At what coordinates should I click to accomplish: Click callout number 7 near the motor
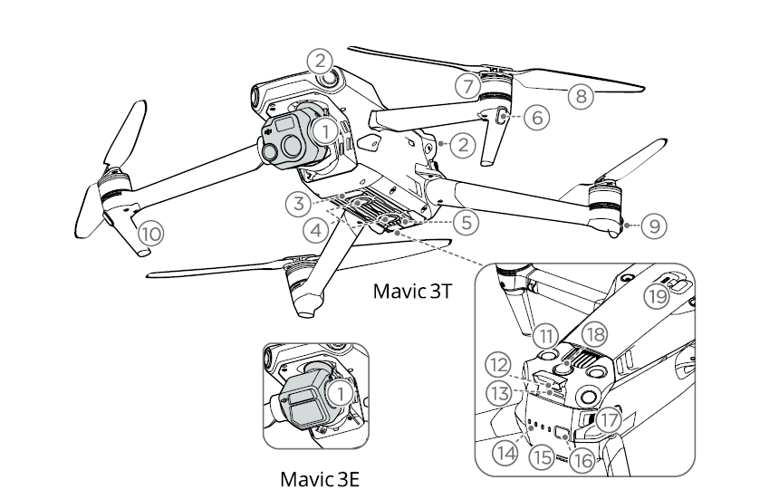pos(468,86)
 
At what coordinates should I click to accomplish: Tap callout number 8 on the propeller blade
pos(581,96)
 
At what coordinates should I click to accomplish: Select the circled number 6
pos(536,117)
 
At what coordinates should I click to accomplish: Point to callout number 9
pos(654,226)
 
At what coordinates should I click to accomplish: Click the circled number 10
pos(151,234)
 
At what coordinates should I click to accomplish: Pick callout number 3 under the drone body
pos(298,204)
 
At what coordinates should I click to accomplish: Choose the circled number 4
pos(316,230)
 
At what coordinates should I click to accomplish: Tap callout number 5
pos(466,223)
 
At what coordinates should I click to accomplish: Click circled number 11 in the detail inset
pos(545,336)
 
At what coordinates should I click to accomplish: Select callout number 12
pos(498,365)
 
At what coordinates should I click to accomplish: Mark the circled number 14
pos(505,454)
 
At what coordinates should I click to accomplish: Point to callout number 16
pos(582,460)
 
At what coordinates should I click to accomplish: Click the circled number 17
pos(609,419)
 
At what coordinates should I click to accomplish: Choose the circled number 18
pos(594,334)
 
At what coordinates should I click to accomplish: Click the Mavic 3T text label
pos(412,292)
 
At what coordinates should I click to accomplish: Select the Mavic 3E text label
pos(320,479)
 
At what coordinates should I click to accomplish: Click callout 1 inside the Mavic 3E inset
pos(341,393)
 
